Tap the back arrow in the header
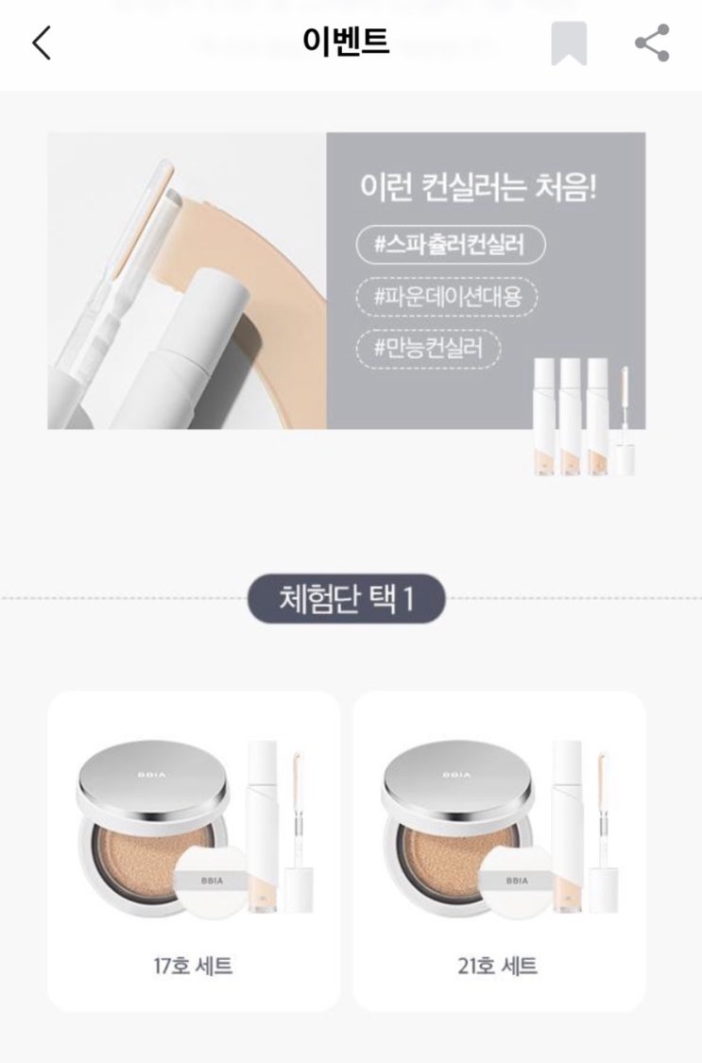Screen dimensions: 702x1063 point(42,43)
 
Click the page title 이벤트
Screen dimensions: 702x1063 point(346,41)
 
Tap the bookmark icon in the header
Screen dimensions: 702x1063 point(569,43)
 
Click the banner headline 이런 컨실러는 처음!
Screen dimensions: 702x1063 point(478,187)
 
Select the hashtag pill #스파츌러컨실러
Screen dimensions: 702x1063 point(451,244)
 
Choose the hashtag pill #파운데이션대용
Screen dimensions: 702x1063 point(447,297)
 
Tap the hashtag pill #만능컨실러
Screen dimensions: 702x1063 point(428,349)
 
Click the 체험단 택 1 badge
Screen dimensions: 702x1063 point(346,599)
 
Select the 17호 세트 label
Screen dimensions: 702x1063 point(193,966)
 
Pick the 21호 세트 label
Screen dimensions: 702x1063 point(497,966)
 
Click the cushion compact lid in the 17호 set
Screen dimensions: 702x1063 point(152,778)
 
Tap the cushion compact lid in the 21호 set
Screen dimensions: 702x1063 point(457,778)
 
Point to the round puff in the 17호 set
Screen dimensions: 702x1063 point(212,881)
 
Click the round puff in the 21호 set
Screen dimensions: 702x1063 point(516,881)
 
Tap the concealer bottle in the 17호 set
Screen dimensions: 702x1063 point(263,827)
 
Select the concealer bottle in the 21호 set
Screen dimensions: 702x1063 point(567,827)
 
